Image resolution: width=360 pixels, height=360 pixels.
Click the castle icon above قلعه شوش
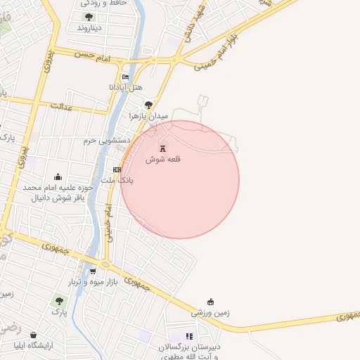[163, 148]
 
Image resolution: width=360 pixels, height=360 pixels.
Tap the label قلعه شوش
[163, 160]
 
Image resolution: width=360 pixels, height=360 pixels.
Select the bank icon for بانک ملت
[117, 169]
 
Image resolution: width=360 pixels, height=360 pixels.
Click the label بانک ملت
[117, 181]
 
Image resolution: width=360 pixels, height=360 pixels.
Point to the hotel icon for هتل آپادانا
[125, 77]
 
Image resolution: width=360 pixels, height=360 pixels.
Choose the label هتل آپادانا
[125, 87]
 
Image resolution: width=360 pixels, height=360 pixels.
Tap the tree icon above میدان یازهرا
[148, 105]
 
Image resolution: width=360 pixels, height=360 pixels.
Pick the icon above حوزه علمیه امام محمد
[58, 177]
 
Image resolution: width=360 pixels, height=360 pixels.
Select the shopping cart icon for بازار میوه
[92, 271]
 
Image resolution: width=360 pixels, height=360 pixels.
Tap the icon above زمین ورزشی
[210, 301]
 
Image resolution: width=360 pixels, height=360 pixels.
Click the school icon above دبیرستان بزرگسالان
[188, 337]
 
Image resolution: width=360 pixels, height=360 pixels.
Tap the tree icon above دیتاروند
[89, 17]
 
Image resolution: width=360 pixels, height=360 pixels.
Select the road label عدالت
[61, 107]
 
